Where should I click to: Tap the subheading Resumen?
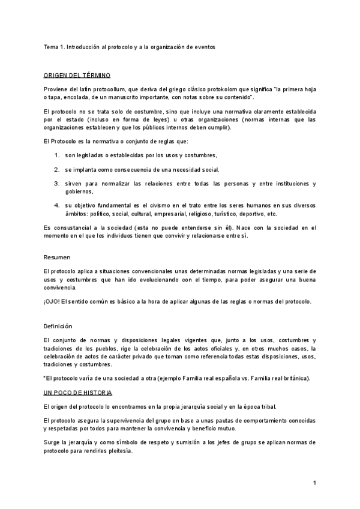click(x=57, y=257)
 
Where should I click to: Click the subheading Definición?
click(x=58, y=327)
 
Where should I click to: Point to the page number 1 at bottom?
click(x=314, y=482)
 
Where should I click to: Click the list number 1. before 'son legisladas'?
click(x=57, y=155)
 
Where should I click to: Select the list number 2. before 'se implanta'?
click(x=57, y=169)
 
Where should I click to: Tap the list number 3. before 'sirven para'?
click(x=57, y=183)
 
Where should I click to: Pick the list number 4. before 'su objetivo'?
click(x=57, y=205)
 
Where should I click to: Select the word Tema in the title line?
click(x=50, y=47)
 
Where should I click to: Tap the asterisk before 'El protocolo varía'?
click(x=44, y=378)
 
